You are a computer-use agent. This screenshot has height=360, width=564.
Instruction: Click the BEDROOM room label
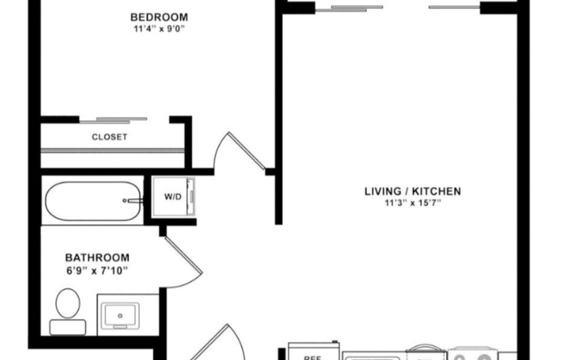click(159, 16)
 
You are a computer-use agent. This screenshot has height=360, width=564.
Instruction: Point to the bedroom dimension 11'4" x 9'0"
click(159, 29)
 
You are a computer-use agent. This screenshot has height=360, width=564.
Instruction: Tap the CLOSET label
click(110, 137)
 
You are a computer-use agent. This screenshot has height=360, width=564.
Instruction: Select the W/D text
click(173, 197)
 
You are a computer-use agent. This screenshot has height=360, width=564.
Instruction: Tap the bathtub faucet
click(132, 200)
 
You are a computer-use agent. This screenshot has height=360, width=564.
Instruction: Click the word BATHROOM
click(98, 257)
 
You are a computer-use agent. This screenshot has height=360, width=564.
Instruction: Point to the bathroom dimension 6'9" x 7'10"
click(98, 270)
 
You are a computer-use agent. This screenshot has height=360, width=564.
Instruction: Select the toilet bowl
click(67, 305)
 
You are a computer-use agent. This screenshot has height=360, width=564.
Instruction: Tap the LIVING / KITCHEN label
click(411, 191)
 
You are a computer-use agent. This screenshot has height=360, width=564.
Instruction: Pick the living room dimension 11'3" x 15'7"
click(411, 204)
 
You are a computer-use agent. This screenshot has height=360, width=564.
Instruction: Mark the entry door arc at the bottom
click(216, 342)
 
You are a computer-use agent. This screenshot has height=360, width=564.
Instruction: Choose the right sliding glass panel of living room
click(455, 8)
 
